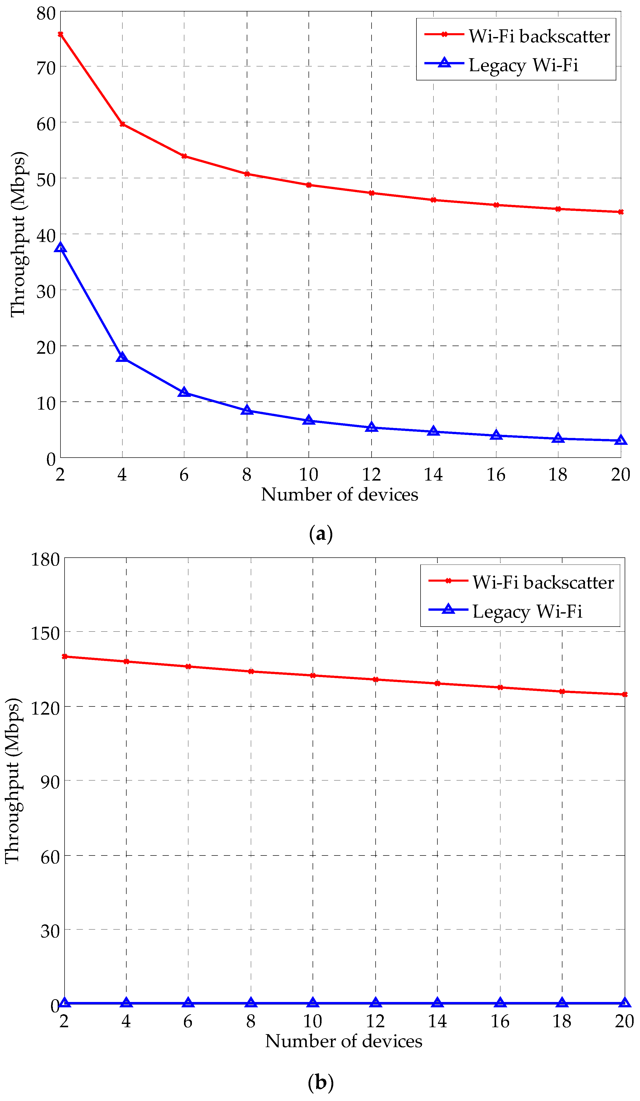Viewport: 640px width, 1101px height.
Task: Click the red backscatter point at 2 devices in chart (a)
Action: click(x=60, y=34)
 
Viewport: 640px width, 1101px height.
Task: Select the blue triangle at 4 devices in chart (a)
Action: click(x=122, y=357)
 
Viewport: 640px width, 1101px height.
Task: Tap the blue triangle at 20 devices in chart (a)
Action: click(x=621, y=441)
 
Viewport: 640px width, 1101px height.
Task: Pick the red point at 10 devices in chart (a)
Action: click(x=309, y=185)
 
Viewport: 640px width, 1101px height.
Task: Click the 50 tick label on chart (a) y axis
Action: click(x=46, y=179)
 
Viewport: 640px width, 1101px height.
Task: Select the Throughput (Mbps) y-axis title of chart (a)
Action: click(x=18, y=234)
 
